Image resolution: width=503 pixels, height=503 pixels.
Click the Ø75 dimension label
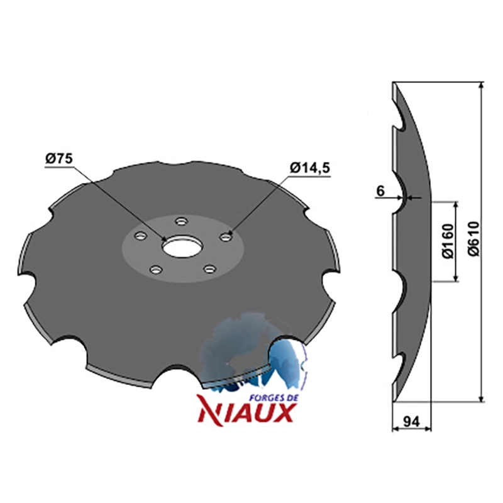pos(59,159)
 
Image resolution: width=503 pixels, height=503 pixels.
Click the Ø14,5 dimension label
pos(309,168)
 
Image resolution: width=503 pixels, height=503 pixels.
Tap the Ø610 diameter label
pos(474,238)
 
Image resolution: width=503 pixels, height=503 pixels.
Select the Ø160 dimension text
pos(448,241)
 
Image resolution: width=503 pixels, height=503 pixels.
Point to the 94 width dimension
pos(411,421)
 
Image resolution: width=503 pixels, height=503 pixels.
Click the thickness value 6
pos(380,192)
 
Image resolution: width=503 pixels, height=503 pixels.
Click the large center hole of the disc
pos(182,247)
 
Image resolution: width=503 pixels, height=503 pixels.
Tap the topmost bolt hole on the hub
pos(182,221)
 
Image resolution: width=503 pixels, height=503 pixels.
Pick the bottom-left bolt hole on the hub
pos(155,270)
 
